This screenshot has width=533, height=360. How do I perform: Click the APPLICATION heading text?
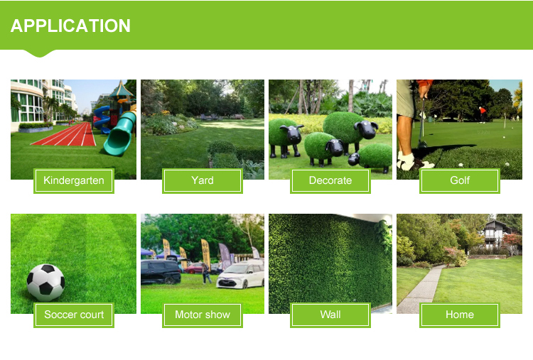(70, 26)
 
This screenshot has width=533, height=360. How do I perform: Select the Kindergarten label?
(74, 180)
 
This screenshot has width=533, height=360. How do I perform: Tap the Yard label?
(203, 180)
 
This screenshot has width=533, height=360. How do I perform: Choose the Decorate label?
(330, 180)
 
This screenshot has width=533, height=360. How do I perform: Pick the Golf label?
(460, 180)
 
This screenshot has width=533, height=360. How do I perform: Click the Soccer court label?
(74, 315)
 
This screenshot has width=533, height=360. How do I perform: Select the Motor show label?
(203, 315)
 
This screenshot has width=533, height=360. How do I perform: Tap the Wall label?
(330, 315)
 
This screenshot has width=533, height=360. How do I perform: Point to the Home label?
(460, 315)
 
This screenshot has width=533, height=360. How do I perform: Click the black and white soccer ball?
(45, 282)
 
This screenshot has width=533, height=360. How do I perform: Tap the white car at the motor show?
(241, 275)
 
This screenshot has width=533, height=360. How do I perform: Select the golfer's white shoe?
(408, 161)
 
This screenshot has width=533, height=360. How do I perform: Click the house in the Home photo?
(497, 235)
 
